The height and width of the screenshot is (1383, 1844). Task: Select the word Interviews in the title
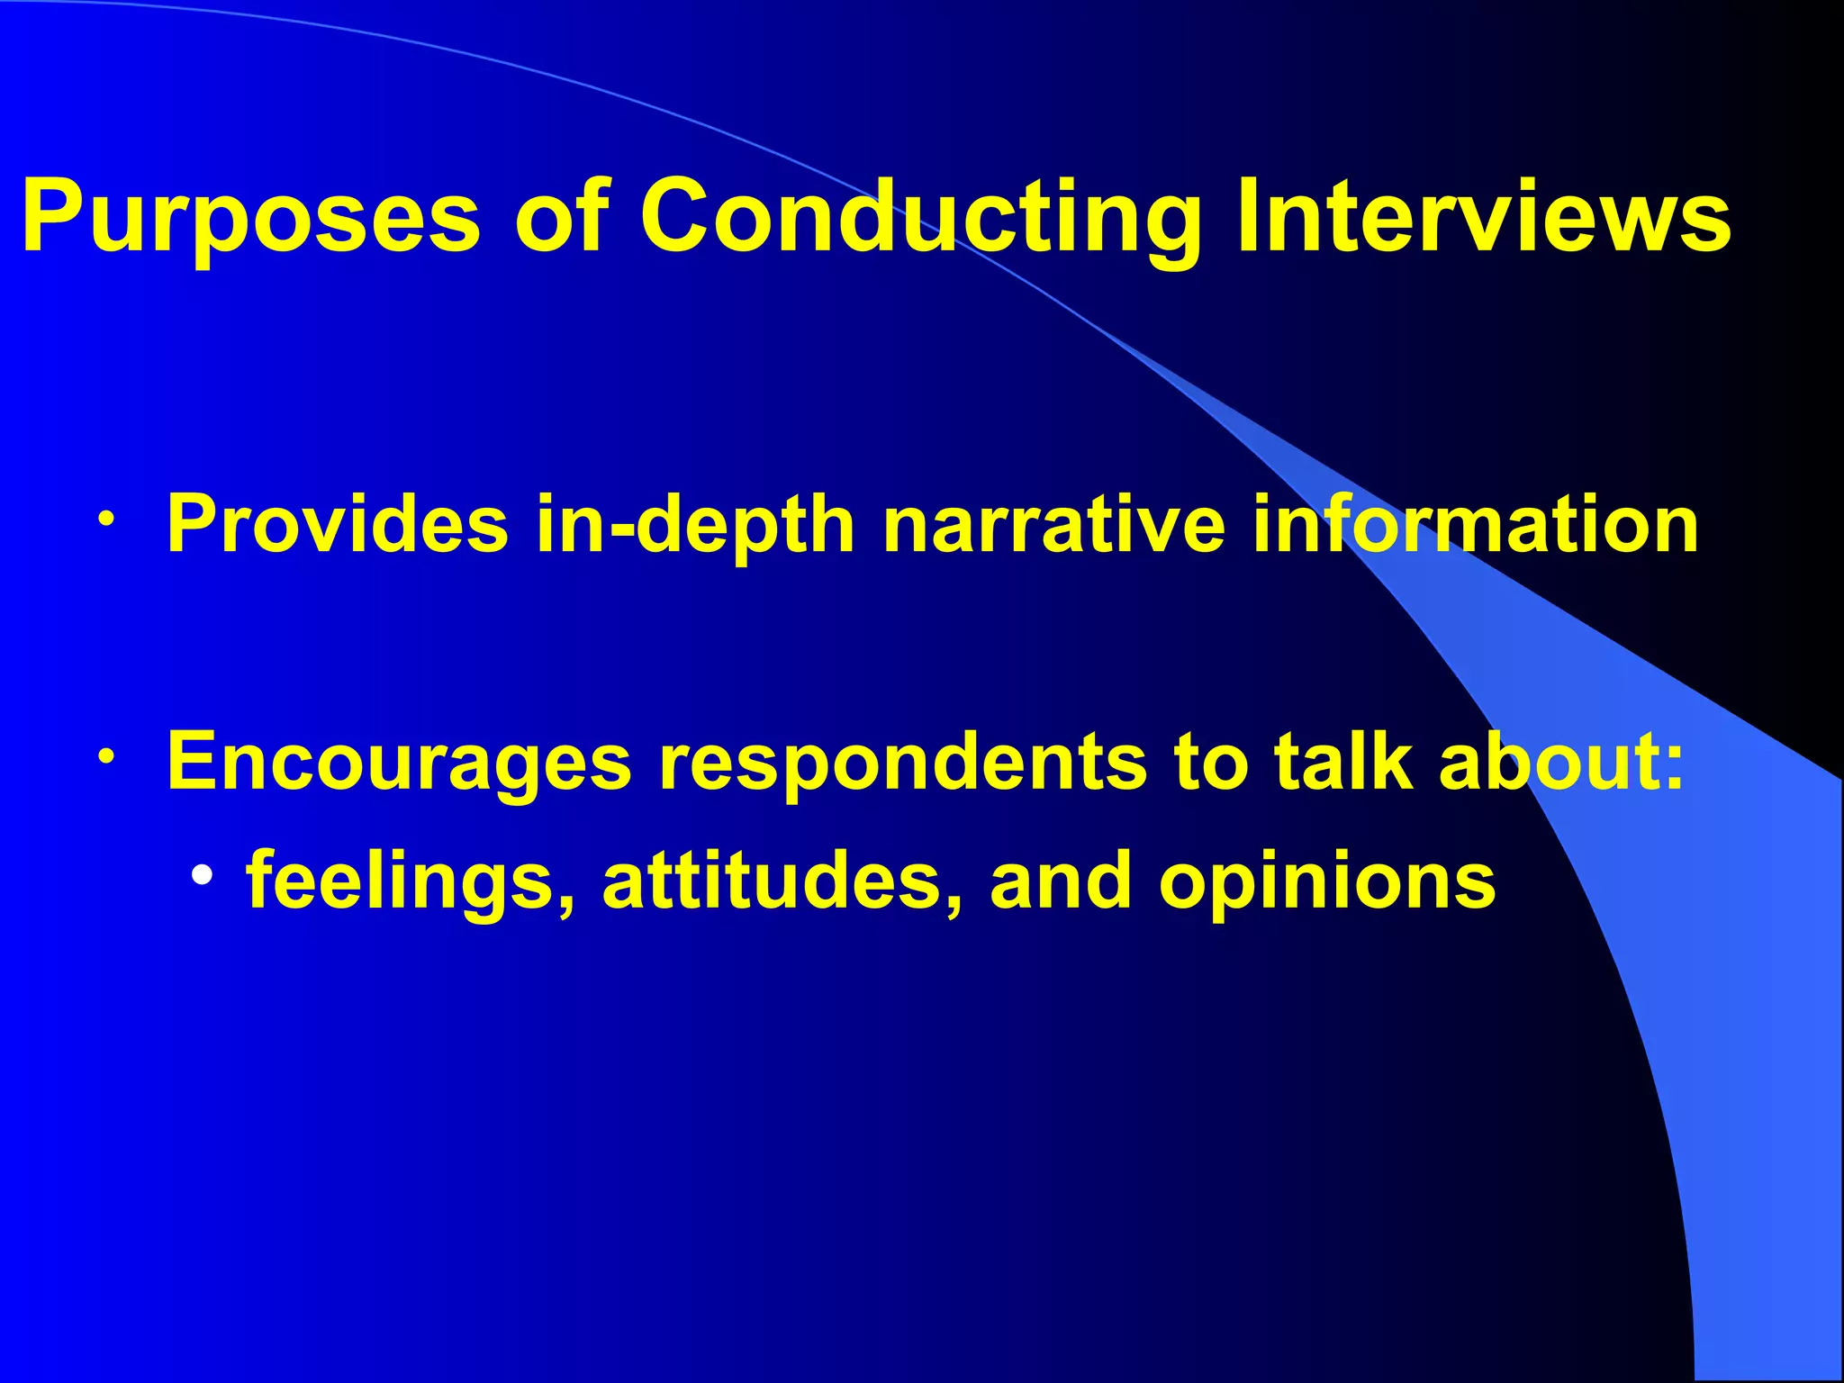click(1484, 216)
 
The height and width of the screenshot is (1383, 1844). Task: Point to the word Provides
click(338, 524)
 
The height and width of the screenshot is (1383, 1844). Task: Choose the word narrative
click(1053, 524)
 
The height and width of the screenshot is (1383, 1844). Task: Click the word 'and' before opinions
click(1060, 881)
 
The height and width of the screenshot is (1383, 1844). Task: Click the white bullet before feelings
click(203, 874)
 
